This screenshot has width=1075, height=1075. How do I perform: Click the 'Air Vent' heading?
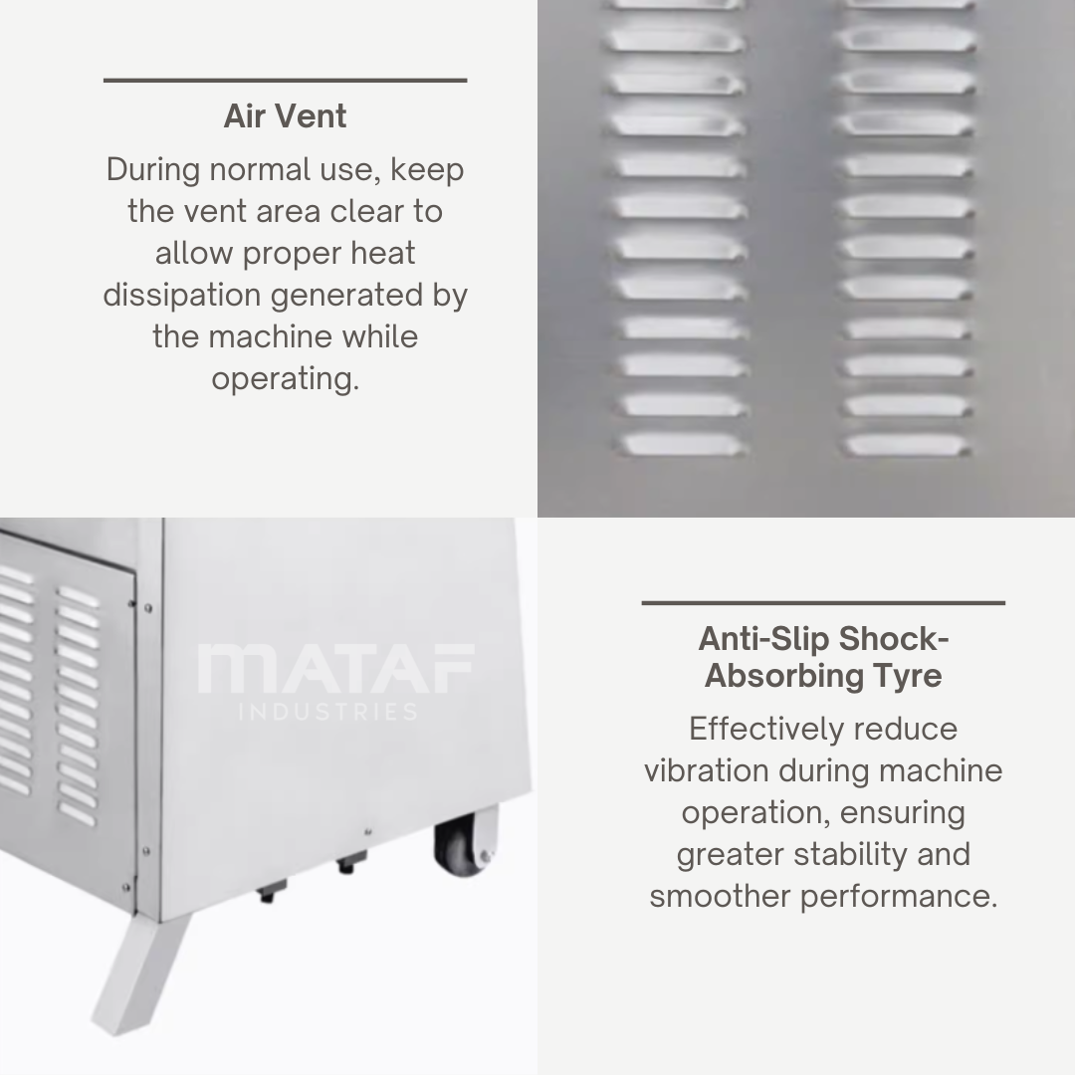[x=286, y=115]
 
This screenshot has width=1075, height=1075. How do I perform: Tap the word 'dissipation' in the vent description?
[x=182, y=296]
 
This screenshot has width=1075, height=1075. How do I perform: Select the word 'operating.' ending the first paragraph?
[x=286, y=379]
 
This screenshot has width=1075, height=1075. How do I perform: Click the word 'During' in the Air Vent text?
[x=153, y=169]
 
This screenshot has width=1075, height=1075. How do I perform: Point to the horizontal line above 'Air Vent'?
[x=286, y=81]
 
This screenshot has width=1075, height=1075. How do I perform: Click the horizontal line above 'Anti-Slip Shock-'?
[x=823, y=603]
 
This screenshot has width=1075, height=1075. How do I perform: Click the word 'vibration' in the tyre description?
[x=706, y=770]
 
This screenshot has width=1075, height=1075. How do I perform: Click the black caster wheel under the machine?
[x=462, y=847]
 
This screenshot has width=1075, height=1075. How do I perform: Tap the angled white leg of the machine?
[x=140, y=972]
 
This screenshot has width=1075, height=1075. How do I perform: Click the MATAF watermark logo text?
[x=336, y=668]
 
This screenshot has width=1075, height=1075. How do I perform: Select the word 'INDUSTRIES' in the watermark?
[x=328, y=712]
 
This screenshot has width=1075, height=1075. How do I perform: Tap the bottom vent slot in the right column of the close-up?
[x=907, y=446]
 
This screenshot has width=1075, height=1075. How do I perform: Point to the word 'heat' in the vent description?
[x=382, y=254]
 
